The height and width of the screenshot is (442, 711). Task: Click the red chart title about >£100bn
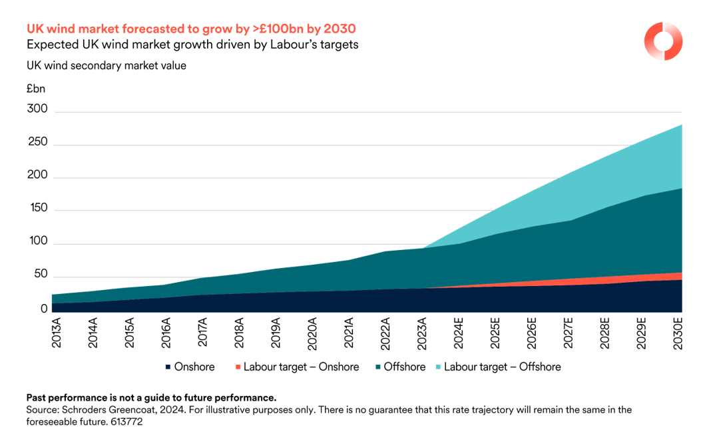coord(190,29)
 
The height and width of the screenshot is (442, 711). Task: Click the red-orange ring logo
coord(663,41)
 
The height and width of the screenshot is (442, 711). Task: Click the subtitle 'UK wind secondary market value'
coord(107,65)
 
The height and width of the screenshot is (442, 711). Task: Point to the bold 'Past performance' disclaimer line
coord(150,397)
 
